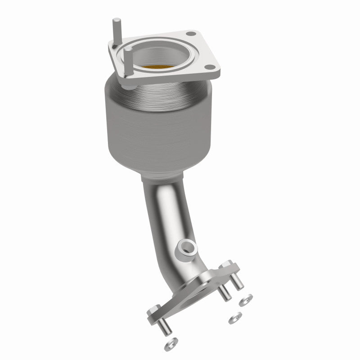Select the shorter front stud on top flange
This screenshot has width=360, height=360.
coord(128,58)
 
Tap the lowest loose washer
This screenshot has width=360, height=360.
coord(169,345)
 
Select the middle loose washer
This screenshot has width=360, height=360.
coord(234,319)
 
